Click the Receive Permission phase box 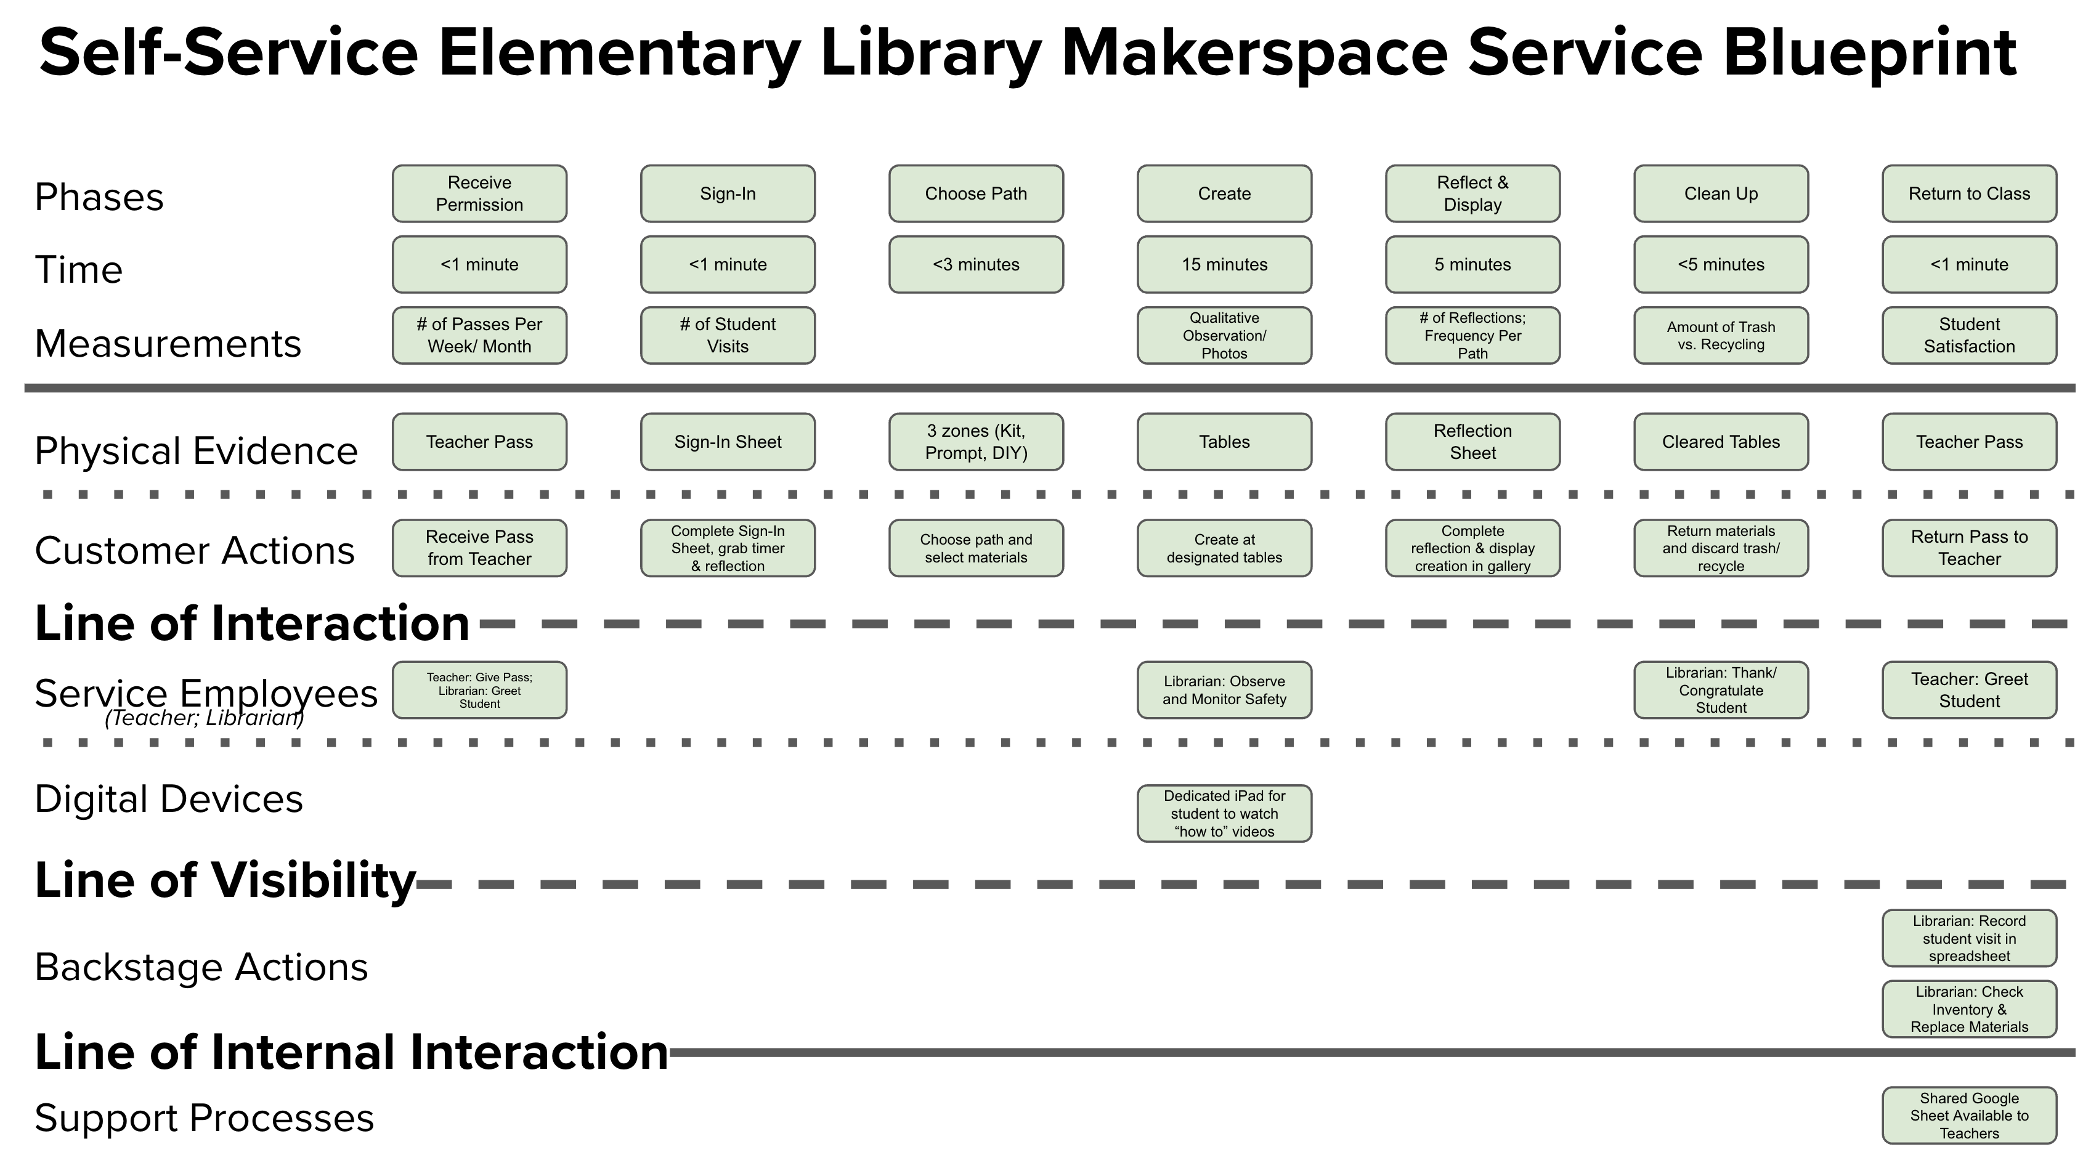(479, 194)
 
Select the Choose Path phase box (976, 194)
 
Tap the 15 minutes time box (1224, 264)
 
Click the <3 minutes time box (976, 264)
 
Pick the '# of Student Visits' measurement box (728, 336)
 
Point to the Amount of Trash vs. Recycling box (1721, 336)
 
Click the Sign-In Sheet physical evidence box (728, 442)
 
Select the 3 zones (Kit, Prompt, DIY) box (976, 442)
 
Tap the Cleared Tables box (1721, 442)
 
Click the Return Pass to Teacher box (1969, 548)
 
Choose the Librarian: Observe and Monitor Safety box (1224, 691)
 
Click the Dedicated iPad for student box (1224, 813)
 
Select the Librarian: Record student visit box (1969, 938)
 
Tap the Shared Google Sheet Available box (1969, 1116)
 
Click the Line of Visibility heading (225, 880)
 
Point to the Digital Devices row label (168, 798)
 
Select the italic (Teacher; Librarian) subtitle (204, 718)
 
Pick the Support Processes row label (204, 1118)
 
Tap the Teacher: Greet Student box (1969, 691)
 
